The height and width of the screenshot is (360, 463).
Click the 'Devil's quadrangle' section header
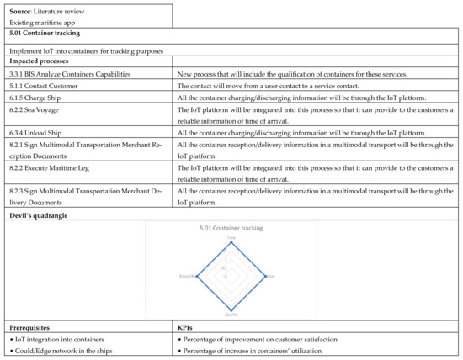tap(38, 216)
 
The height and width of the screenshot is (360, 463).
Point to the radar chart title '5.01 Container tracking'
tap(231, 229)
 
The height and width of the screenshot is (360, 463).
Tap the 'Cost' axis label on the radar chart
tap(270, 275)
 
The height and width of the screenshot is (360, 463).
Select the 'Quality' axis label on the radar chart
tap(231, 315)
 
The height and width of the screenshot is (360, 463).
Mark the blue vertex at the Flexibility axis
tap(196, 275)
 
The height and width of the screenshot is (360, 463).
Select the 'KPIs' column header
tap(187, 326)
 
